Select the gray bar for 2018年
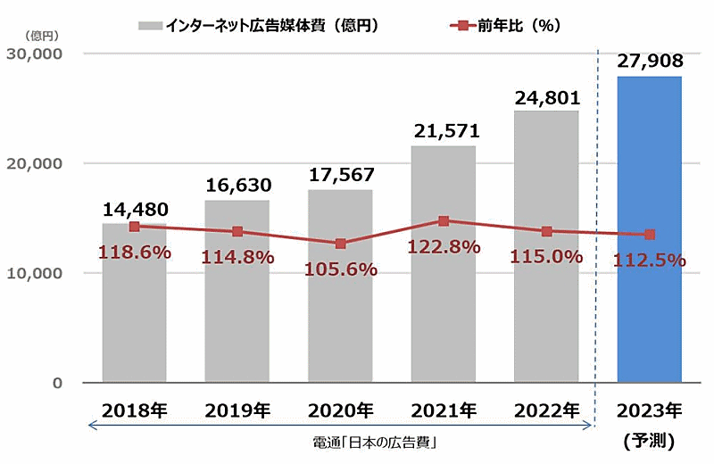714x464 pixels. tap(134, 321)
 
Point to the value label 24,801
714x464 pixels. tap(546, 96)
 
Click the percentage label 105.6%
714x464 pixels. tap(340, 269)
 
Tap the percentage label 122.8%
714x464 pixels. tap(444, 247)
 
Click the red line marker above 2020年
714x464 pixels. tap(340, 244)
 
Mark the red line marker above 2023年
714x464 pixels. tap(650, 235)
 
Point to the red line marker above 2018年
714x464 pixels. tap(134, 227)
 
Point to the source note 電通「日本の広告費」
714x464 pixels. tap(340, 443)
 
